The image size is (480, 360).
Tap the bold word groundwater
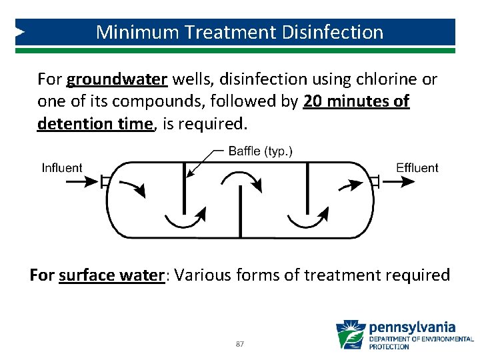click(117, 80)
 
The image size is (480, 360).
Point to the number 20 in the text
click(313, 102)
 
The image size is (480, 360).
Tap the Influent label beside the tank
click(62, 167)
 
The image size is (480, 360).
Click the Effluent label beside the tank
click(417, 167)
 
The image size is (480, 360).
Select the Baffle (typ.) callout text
click(260, 151)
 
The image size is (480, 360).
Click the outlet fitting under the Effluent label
click(376, 181)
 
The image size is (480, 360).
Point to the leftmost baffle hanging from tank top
click(183, 188)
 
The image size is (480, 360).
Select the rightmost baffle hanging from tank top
click(307, 188)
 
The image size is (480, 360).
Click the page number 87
click(240, 344)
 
